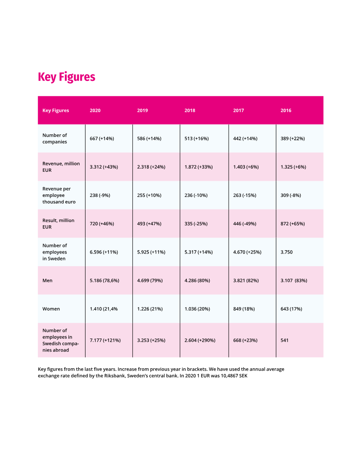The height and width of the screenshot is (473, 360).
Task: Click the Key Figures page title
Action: (67, 77)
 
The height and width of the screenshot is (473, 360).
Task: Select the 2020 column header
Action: (95, 111)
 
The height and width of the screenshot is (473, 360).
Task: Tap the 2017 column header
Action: (238, 111)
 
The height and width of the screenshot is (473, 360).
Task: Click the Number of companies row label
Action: (54, 138)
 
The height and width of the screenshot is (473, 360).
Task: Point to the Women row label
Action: (51, 309)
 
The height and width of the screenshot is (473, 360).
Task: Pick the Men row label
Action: (47, 281)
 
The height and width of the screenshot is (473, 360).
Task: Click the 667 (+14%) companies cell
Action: (102, 138)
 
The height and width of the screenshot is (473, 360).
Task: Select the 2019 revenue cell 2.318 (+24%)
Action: (151, 167)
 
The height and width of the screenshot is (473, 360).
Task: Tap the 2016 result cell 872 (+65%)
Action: (292, 224)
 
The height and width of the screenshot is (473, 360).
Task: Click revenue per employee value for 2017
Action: (245, 196)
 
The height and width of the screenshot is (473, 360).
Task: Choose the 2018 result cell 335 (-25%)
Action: (196, 224)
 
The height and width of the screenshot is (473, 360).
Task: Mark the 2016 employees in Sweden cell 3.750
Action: (286, 252)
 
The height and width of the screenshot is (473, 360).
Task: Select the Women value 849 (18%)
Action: (245, 309)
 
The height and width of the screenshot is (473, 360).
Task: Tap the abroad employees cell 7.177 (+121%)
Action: (105, 340)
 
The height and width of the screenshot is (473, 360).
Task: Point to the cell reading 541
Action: (285, 340)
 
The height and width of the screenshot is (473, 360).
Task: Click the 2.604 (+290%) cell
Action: (200, 340)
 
